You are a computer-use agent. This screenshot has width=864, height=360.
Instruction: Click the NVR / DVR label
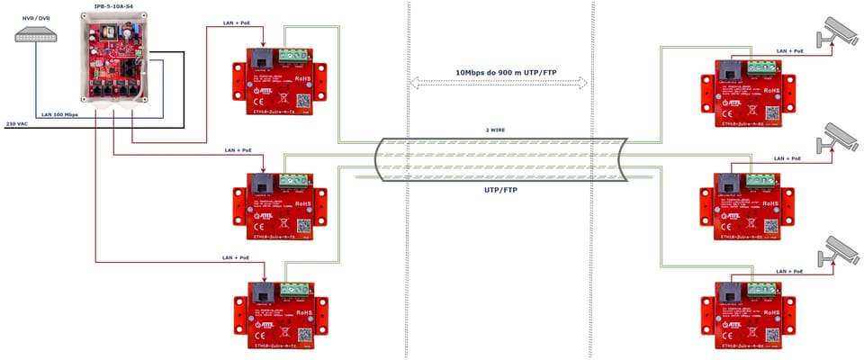37,18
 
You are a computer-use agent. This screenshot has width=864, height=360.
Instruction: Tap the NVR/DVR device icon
37,35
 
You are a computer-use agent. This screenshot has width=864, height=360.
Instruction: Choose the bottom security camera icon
838,247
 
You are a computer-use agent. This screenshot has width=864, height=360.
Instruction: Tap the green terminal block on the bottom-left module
293,290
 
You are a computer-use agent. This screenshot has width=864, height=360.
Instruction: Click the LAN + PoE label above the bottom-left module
238,257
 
